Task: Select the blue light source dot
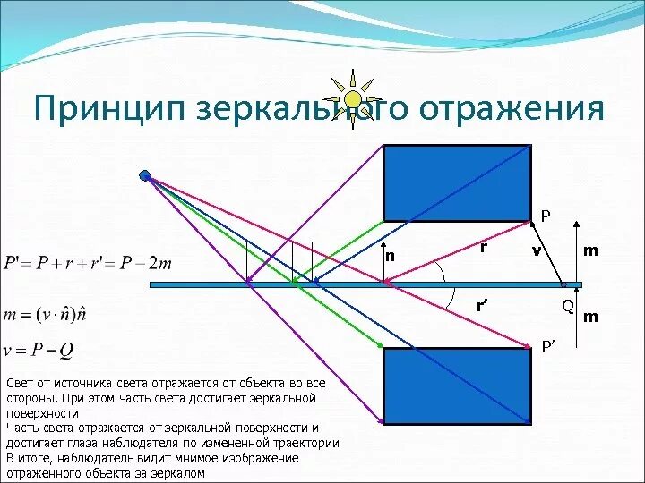(145, 176)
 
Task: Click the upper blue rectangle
(457, 182)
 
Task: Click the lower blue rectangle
(457, 386)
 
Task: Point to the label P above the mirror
(546, 216)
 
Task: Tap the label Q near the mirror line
(567, 307)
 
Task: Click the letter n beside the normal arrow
(390, 256)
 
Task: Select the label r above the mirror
(483, 247)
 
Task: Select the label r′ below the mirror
(482, 307)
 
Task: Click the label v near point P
(536, 251)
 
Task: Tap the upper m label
(590, 250)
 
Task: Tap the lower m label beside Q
(590, 316)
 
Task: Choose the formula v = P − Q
(39, 349)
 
